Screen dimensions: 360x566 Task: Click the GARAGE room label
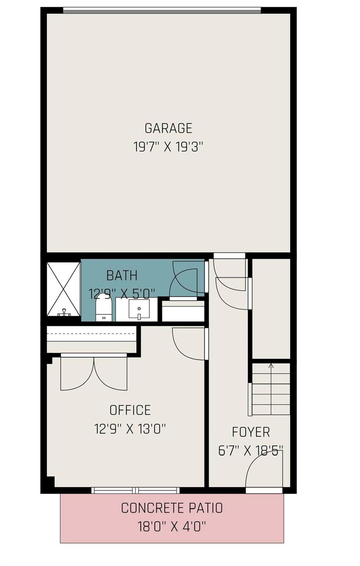168,128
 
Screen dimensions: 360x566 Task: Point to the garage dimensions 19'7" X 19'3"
168,147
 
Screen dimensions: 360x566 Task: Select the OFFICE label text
130,410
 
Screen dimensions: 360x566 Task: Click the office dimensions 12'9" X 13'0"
130,429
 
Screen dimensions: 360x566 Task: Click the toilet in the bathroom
104,307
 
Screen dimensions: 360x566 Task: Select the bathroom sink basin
139,309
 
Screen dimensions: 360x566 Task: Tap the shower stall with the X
64,289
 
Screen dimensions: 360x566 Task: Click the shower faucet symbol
64,312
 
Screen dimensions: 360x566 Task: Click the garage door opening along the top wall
162,11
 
